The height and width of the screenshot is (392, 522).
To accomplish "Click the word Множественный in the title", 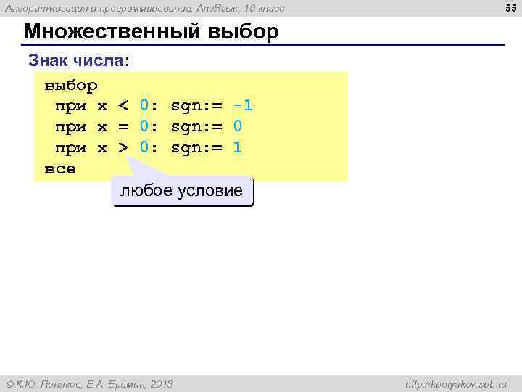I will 113,33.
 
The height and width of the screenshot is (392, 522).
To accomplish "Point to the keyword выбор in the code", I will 71,86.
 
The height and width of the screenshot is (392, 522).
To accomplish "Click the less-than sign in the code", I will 123,106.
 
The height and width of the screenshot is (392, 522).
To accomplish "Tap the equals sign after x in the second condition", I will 123,127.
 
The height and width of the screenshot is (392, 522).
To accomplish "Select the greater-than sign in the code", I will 123,148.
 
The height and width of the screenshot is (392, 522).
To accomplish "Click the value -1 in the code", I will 243,106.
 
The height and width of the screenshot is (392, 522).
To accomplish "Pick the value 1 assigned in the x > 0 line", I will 237,148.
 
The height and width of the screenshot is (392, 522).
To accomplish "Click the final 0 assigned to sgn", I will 237,127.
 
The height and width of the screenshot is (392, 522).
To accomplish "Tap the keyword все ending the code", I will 60,168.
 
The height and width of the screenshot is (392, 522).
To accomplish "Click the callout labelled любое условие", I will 181,191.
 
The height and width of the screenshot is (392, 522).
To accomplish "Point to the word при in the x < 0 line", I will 71,106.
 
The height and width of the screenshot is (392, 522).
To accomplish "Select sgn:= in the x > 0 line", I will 196,148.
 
